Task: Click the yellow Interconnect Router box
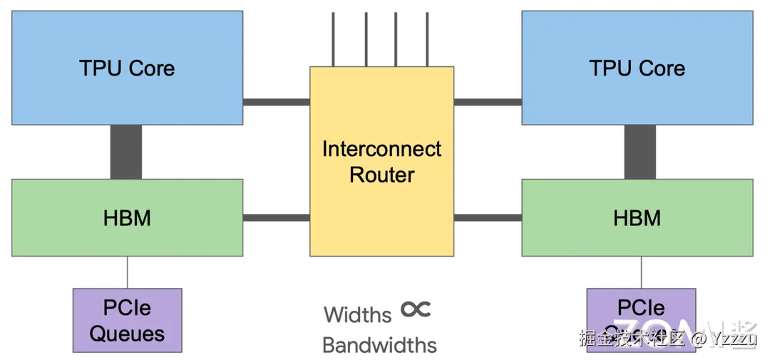381,214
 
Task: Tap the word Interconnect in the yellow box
381,149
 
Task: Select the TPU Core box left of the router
127,68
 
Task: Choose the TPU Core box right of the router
637,68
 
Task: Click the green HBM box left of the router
127,217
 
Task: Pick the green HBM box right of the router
637,217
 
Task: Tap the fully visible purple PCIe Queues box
127,320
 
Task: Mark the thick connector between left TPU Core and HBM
126,152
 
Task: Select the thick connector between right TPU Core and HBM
640,152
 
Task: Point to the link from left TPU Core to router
276,102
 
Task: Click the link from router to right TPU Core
488,102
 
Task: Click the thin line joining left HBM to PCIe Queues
128,272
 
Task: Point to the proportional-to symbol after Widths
416,309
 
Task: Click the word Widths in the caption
358,314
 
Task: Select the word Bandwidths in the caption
379,345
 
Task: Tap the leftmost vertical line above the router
333,39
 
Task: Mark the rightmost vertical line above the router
427,39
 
